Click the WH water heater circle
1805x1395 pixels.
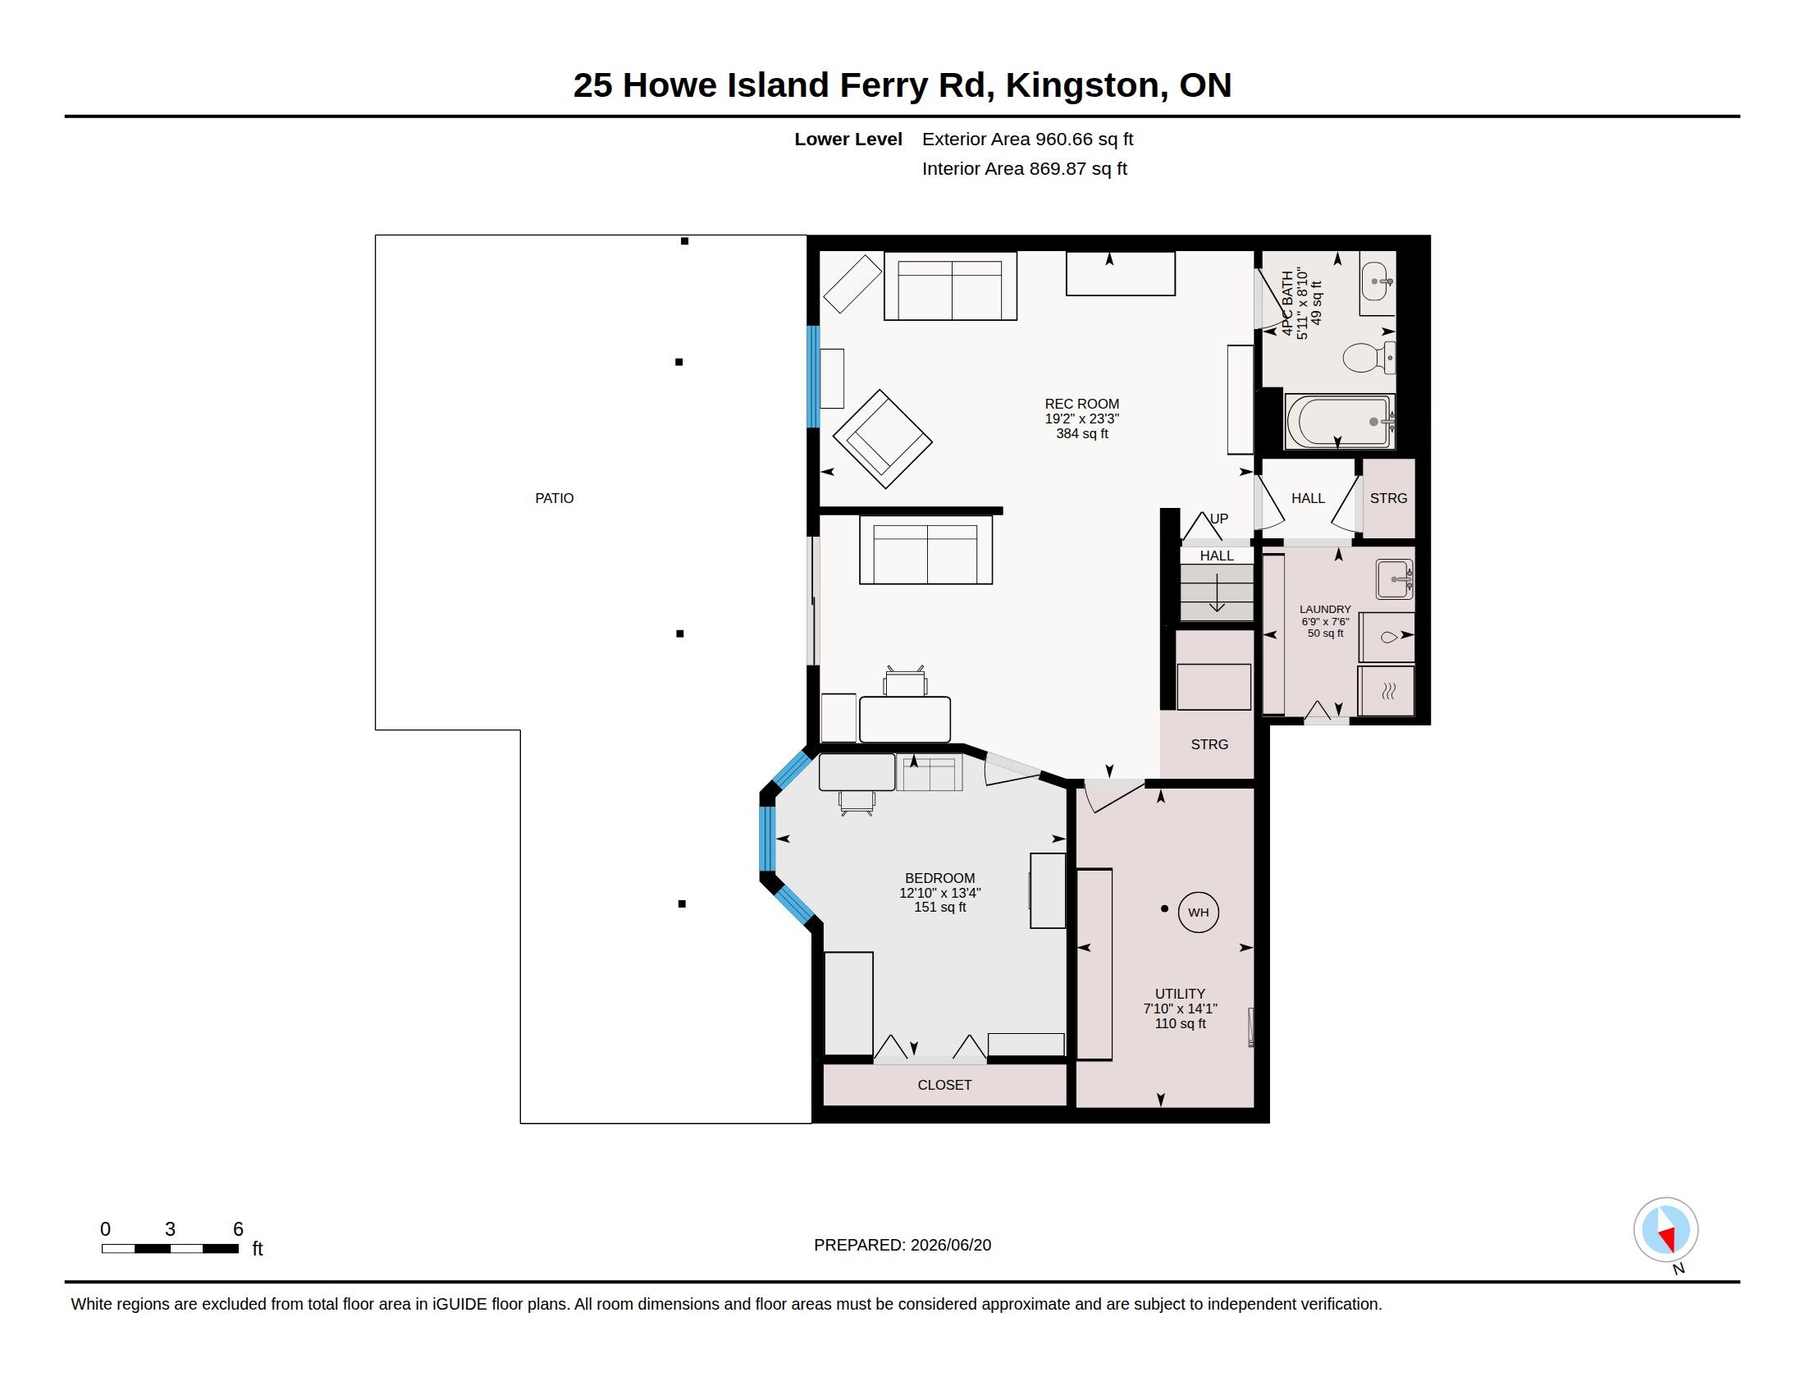[1198, 912]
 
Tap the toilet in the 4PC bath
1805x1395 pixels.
[1369, 358]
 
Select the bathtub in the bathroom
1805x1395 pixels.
[1340, 422]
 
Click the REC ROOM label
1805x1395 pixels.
[1082, 404]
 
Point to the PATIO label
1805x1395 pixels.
[554, 498]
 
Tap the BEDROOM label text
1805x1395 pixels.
[939, 878]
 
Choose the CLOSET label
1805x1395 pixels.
[944, 1084]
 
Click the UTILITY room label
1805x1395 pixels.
[1180, 994]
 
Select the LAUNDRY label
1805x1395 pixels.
[1325, 609]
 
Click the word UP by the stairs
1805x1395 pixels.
[1219, 519]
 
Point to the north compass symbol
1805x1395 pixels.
[1666, 1231]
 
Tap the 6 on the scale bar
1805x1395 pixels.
[238, 1229]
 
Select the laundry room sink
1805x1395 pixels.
[1394, 579]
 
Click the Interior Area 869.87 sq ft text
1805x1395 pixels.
[1024, 168]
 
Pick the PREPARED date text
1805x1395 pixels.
[902, 1245]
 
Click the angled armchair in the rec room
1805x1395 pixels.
[883, 439]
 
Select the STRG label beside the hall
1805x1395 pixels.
[1387, 498]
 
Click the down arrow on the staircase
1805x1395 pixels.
[1217, 592]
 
